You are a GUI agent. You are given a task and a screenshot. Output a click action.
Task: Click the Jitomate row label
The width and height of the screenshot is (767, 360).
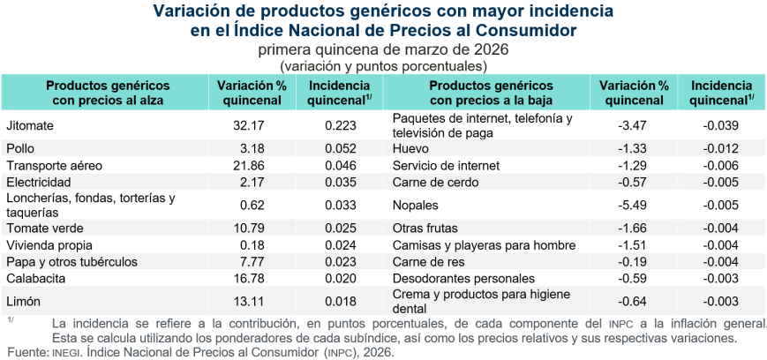coord(30,125)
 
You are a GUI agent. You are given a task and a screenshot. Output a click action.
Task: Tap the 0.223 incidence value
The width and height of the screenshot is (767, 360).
coord(341,125)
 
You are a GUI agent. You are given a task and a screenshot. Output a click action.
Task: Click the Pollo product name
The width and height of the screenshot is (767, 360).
coord(20,148)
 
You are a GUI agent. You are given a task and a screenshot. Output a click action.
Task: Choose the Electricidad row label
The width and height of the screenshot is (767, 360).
coord(38,181)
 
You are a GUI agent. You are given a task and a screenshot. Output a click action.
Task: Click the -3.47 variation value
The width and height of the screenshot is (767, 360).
coord(634,125)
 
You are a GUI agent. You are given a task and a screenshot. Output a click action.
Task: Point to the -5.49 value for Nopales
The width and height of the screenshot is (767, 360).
coord(634,204)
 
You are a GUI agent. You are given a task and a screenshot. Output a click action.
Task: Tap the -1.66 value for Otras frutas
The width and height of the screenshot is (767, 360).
coord(634,229)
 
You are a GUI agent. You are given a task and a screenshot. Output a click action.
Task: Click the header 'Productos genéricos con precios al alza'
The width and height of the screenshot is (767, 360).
coord(107,93)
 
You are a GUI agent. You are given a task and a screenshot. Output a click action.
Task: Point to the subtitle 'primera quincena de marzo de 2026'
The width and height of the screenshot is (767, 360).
coord(383,50)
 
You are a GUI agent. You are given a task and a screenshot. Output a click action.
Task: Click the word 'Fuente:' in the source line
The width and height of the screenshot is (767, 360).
coord(23,352)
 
